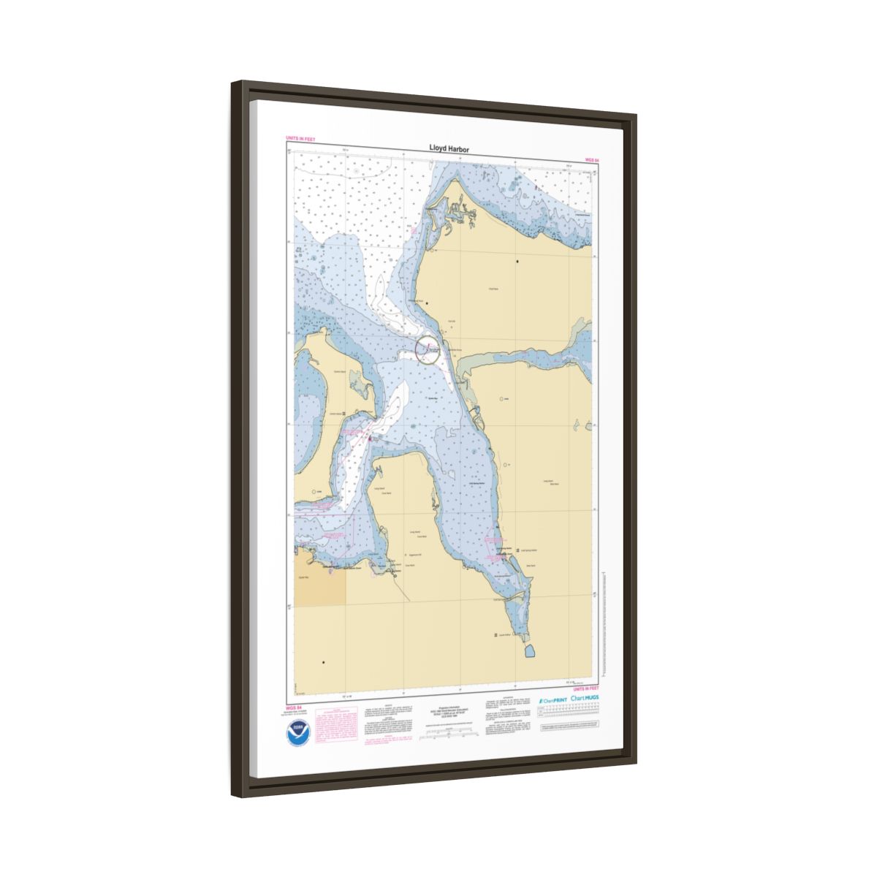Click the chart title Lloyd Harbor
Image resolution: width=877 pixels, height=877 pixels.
click(449, 149)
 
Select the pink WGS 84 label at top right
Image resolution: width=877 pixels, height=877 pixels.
click(591, 159)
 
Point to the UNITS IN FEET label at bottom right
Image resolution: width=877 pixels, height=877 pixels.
click(585, 688)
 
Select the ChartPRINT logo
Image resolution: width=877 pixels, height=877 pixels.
click(552, 700)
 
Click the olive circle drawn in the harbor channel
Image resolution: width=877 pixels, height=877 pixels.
click(427, 349)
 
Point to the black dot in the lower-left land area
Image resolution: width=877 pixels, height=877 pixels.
click(323, 662)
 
